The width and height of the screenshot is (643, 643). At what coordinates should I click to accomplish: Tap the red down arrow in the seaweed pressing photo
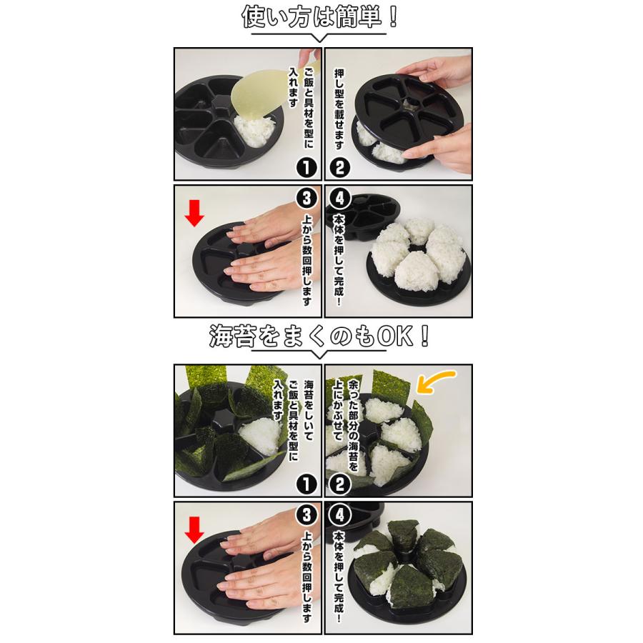coord(193,531)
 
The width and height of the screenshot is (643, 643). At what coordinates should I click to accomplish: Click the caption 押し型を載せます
coord(339,107)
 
